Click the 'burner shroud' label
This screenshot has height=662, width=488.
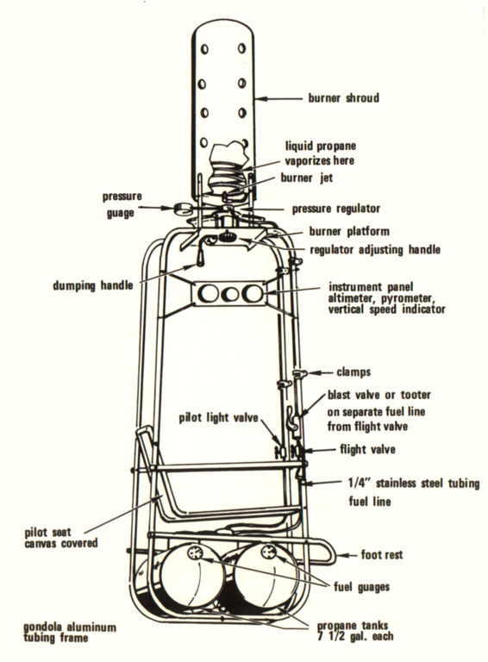coord(344,98)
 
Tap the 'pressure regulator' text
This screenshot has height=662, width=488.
coord(336,209)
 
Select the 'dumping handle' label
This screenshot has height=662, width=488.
coord(93,286)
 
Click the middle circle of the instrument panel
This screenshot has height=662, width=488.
coord(231,294)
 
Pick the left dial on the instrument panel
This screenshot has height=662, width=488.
coord(209,293)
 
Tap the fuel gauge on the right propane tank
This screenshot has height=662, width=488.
coord(268,551)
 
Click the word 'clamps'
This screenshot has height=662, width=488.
coord(353,372)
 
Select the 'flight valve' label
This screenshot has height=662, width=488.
coord(367,449)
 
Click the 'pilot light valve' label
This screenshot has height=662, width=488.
coord(218,418)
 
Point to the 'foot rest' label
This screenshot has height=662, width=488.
coord(382,554)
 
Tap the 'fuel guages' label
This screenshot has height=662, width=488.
coord(362,587)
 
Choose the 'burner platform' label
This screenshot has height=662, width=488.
coord(349,231)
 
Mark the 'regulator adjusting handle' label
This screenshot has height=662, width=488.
coord(375,250)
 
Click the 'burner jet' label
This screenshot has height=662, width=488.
coord(307,178)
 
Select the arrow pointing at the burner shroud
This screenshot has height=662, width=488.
coord(278,99)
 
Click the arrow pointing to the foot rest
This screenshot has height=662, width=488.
coord(346,555)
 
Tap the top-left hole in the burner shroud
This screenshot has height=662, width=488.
coord(204,49)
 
